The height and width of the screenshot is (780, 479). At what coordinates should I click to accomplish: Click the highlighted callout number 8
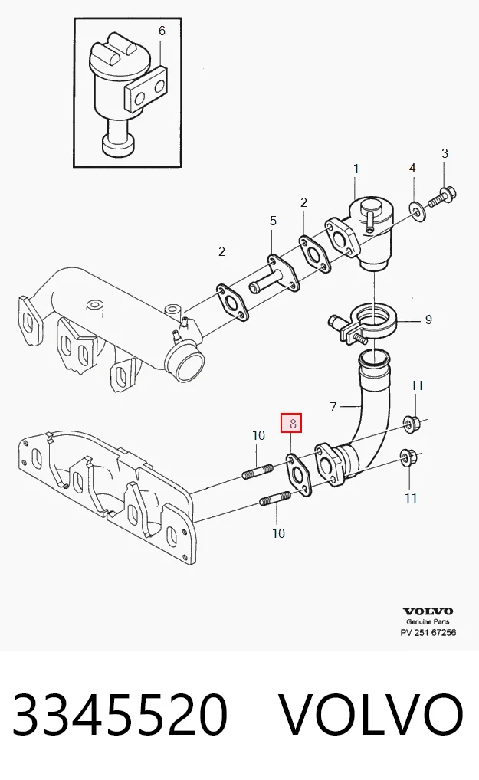[293, 423]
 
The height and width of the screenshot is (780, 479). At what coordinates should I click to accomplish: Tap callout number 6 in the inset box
[162, 31]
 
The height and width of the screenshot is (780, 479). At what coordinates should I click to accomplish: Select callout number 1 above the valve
[356, 169]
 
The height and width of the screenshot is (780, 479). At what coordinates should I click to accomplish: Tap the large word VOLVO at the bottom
[370, 713]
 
